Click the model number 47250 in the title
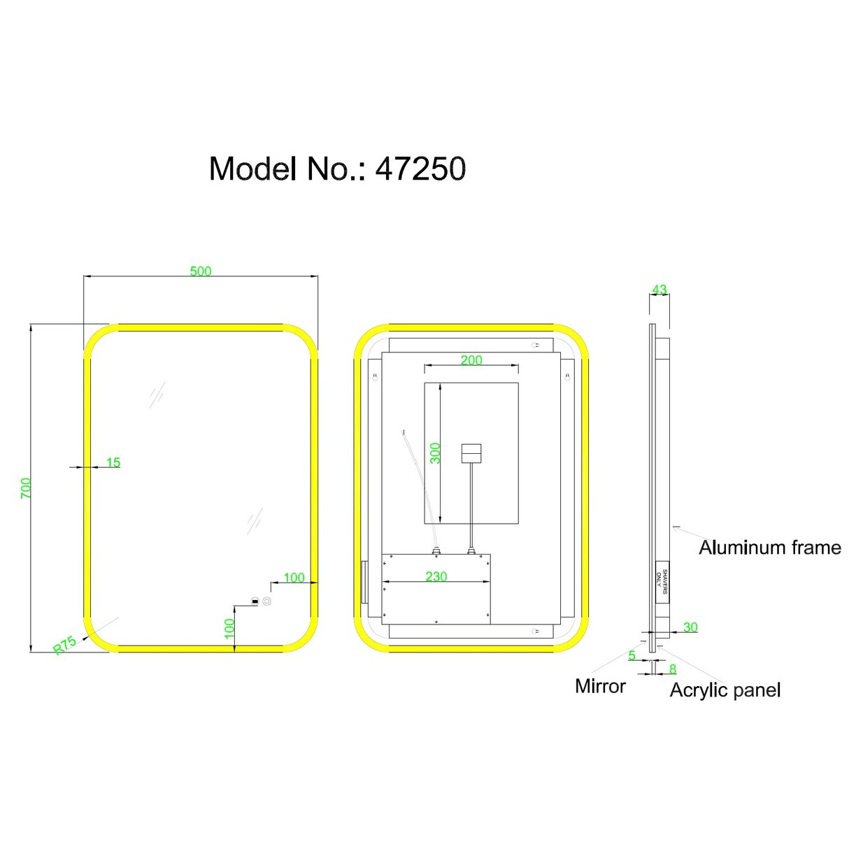[x=420, y=169]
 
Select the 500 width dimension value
[x=201, y=271]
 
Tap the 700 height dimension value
[x=26, y=487]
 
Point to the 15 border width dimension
[x=113, y=462]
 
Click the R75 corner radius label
[x=65, y=645]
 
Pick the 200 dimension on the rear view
[x=471, y=360]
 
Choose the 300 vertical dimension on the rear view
[x=436, y=453]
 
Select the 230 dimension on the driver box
[x=436, y=576]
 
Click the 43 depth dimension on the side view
[x=659, y=289]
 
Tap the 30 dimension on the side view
[x=690, y=627]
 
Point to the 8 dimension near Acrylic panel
[x=673, y=669]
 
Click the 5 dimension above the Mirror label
[x=632, y=655]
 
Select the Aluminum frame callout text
[x=770, y=548]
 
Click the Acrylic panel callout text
[x=725, y=690]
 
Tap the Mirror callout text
[x=600, y=686]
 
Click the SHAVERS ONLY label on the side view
[x=662, y=581]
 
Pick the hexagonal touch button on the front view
[x=266, y=601]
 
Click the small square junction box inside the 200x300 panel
[x=471, y=453]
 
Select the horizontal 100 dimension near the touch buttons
[x=294, y=578]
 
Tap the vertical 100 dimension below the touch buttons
[x=229, y=627]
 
